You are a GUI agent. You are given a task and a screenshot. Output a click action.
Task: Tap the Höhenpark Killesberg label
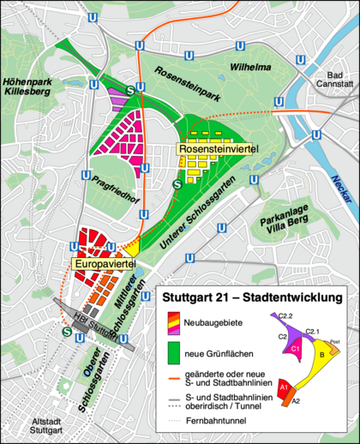pos(29,92)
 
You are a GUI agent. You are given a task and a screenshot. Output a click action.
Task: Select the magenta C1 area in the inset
pos(295,349)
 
